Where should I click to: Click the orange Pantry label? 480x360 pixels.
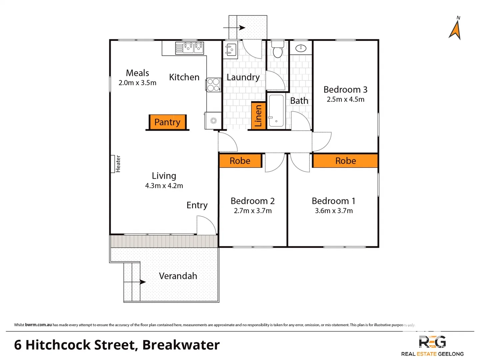[x=167, y=122]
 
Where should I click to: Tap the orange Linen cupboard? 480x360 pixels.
[x=258, y=115]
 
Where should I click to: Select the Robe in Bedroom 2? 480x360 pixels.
[x=240, y=161]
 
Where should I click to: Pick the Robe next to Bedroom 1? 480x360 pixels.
[x=345, y=161]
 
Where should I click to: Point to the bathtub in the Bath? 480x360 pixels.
[x=276, y=111]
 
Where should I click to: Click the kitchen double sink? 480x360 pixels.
[x=189, y=48]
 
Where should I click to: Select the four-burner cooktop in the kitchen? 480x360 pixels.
[x=213, y=85]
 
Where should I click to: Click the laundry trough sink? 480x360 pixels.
[x=230, y=50]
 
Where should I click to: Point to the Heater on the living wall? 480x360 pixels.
[x=113, y=164]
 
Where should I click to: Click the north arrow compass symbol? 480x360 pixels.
[x=455, y=29]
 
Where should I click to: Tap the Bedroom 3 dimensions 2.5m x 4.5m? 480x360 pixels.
[x=345, y=99]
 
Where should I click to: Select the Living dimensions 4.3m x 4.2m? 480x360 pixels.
[x=164, y=186]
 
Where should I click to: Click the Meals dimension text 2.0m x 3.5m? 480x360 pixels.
[x=137, y=83]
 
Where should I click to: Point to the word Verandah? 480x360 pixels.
[x=178, y=276]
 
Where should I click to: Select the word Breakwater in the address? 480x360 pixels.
[x=181, y=345]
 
